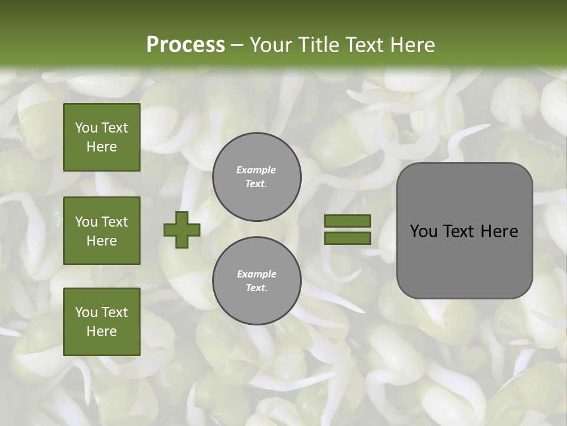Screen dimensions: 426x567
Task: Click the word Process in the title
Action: (185, 45)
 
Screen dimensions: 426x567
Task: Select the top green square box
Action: (102, 137)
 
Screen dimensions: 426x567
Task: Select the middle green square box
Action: (102, 231)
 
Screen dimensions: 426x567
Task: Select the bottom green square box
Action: (102, 321)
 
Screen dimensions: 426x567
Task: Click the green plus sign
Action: (182, 230)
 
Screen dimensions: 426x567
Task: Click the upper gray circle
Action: (257, 177)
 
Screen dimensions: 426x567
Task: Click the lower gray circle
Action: (257, 281)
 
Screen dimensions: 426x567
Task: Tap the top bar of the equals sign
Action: (347, 221)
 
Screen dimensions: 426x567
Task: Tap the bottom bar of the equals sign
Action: (347, 238)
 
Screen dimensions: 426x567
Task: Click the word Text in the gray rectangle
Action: (458, 231)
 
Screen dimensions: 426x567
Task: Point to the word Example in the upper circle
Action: (256, 170)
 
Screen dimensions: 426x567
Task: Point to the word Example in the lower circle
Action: (256, 274)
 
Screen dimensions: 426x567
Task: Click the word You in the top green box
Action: (86, 128)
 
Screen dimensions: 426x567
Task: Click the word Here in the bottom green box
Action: (102, 331)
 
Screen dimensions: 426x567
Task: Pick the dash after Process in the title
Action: (237, 45)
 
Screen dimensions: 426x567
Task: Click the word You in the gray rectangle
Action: (423, 231)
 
